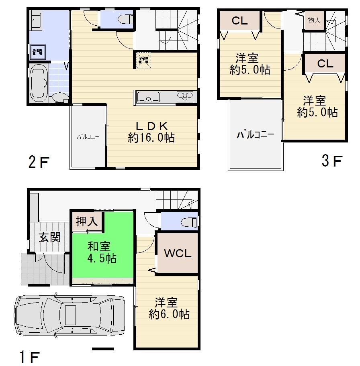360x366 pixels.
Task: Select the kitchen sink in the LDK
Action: point(148,97)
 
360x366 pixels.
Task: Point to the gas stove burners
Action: point(185,97)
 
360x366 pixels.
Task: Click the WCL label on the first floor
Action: point(177,254)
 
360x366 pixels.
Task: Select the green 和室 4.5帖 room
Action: point(102,252)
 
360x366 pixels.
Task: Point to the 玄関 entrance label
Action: point(49,237)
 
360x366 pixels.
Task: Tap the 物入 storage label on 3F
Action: point(314,20)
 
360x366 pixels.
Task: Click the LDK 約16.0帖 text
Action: point(151,131)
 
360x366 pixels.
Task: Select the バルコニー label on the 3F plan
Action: point(255,134)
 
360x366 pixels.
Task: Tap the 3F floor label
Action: point(331,161)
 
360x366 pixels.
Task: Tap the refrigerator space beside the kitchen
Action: point(143,60)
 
